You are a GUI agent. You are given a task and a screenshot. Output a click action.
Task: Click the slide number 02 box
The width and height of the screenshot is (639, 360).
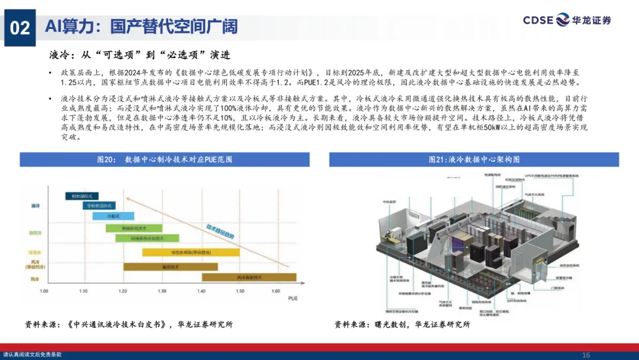coord(20,27)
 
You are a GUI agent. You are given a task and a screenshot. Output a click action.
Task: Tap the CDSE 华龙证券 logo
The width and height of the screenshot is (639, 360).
coord(566,20)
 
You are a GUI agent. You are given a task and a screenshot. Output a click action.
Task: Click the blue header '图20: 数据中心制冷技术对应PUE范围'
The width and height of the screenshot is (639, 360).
coord(164,160)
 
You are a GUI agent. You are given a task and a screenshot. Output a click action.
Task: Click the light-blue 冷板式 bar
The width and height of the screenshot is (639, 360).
coord(113,216)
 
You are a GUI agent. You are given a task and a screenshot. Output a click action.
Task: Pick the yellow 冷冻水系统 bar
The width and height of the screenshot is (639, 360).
coord(190,252)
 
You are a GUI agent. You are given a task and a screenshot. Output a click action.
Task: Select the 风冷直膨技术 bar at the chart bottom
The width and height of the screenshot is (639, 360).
coord(249,277)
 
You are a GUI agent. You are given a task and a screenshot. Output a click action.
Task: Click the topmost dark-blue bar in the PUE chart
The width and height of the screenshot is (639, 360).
coord(82,195)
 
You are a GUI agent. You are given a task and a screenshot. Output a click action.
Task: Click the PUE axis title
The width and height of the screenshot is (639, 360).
coord(292,300)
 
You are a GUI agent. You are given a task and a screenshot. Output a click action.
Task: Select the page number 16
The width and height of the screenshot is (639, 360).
coord(586,355)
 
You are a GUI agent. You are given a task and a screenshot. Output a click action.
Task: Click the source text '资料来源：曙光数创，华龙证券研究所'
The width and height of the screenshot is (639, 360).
coord(402,324)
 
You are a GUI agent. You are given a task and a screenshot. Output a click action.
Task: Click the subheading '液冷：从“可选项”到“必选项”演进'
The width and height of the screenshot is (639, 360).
coord(139,55)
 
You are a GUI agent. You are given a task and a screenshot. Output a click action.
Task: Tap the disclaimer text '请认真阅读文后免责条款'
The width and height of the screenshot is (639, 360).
coord(32,355)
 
